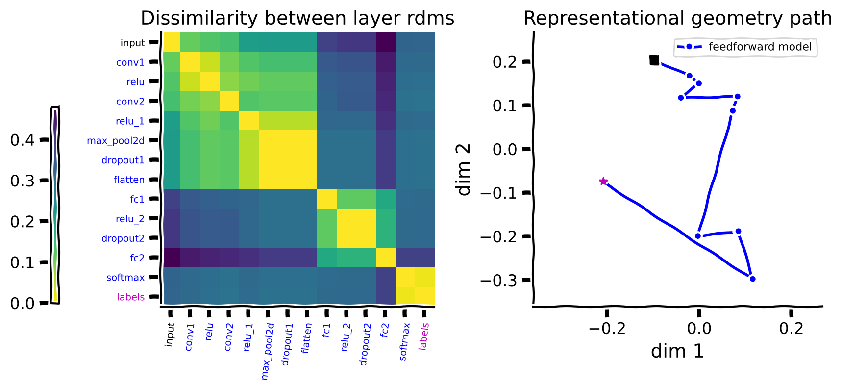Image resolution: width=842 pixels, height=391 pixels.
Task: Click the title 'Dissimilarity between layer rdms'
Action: [297, 18]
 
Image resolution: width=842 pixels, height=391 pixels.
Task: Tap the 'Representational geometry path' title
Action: [677, 18]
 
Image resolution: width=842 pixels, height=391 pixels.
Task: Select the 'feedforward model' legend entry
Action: [760, 47]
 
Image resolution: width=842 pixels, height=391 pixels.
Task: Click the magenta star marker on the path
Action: [603, 182]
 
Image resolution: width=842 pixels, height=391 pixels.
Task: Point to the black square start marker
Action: [654, 60]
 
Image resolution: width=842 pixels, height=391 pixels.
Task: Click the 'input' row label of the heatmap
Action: [132, 43]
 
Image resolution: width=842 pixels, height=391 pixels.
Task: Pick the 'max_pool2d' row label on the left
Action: [116, 141]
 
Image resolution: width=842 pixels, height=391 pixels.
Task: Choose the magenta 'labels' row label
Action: [130, 297]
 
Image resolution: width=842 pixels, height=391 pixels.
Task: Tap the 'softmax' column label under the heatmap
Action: [404, 341]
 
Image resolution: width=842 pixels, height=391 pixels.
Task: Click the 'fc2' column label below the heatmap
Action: [385, 330]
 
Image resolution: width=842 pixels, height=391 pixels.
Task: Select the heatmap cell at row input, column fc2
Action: [386, 43]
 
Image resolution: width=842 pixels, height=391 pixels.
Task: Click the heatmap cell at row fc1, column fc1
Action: [327, 199]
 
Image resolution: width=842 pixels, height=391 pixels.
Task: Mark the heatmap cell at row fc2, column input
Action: [171, 258]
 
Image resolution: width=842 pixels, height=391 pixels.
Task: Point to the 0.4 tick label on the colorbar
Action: [23, 140]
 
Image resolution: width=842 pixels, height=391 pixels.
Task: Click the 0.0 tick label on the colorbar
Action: [23, 304]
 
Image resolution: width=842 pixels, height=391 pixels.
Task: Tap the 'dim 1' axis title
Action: [677, 351]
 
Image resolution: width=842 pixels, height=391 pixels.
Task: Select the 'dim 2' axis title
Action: [464, 169]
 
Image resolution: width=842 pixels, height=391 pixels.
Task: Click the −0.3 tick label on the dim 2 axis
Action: [498, 281]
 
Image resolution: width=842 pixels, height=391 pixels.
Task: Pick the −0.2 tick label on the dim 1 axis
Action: [607, 328]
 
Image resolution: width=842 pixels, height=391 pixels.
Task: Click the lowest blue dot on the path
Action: [752, 279]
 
